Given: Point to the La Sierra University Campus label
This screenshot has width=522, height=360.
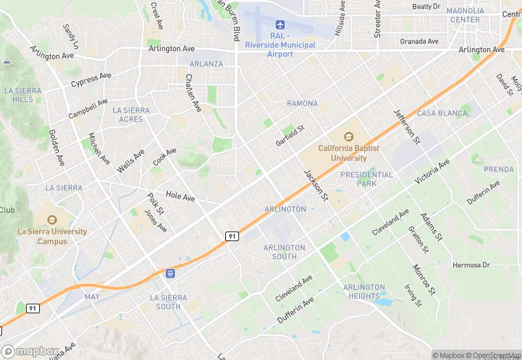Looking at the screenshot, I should (x=52, y=236).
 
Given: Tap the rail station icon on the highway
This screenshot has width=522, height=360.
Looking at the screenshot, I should (x=170, y=273).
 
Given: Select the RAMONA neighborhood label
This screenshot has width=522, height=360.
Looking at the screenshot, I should (x=302, y=104).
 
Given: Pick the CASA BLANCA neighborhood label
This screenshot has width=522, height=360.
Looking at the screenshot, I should (x=437, y=113).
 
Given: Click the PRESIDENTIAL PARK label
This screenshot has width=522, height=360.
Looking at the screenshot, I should (x=367, y=179).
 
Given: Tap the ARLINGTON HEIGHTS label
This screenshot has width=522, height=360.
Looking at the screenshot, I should (x=364, y=291).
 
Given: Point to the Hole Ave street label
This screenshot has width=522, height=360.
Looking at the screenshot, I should (x=181, y=197).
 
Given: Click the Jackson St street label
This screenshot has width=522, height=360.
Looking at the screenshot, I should (x=317, y=185).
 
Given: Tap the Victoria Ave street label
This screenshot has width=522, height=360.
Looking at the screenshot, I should (x=433, y=171).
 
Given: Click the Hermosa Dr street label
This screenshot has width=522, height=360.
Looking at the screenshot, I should (x=471, y=265).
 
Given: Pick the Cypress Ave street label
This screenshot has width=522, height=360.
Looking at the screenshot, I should (x=91, y=80).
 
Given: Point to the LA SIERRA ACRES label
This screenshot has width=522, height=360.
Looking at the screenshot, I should (x=130, y=115).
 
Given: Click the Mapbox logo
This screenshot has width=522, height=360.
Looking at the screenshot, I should (x=30, y=350).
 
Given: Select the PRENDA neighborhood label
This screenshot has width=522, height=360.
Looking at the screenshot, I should (x=499, y=169).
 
